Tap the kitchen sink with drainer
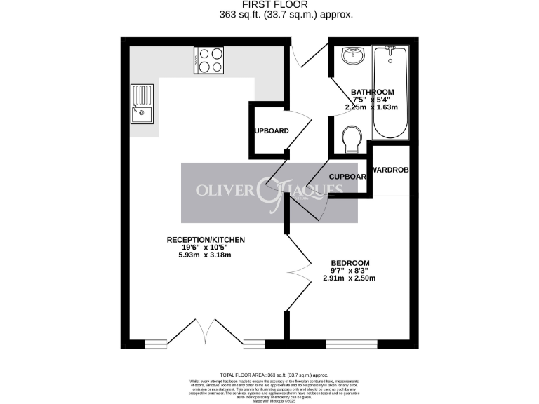click(x=141, y=104)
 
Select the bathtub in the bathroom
click(x=390, y=93)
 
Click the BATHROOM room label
click(x=372, y=92)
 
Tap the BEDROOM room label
click(x=350, y=263)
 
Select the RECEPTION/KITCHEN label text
click(x=206, y=240)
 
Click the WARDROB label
click(x=390, y=170)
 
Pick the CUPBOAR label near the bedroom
click(x=347, y=177)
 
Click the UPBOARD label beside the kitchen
click(x=271, y=131)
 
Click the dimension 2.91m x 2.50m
click(x=350, y=278)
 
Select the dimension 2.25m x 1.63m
click(x=371, y=107)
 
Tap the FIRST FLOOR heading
click(x=269, y=4)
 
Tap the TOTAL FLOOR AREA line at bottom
click(x=269, y=375)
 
